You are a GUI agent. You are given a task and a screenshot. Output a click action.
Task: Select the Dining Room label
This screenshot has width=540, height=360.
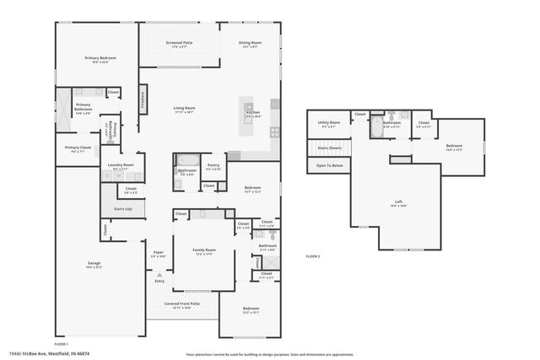250,42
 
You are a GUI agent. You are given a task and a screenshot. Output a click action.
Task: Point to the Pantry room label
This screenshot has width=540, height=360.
213,167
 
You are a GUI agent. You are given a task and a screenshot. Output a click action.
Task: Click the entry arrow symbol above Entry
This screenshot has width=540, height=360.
159,274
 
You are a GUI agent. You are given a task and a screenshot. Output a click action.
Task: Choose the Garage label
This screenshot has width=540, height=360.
94,265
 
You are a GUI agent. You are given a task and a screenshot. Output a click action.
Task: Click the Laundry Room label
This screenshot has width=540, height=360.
121,167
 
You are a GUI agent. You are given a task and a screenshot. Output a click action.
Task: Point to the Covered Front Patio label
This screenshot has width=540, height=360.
182,305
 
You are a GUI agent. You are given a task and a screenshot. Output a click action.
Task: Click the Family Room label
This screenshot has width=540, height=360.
204,250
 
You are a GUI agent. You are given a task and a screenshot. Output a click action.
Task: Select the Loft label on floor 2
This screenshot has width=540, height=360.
398,201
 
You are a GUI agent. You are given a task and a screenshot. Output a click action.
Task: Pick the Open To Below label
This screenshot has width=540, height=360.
329,166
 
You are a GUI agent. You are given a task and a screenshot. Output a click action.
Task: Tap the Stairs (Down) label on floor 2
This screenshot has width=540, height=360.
329,148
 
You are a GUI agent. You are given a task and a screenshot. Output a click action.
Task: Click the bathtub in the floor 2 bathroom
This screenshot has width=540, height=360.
375,128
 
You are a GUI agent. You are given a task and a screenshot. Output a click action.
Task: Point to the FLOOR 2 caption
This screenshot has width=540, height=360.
313,256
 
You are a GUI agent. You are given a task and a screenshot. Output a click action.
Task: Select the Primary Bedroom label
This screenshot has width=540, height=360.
100,59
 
